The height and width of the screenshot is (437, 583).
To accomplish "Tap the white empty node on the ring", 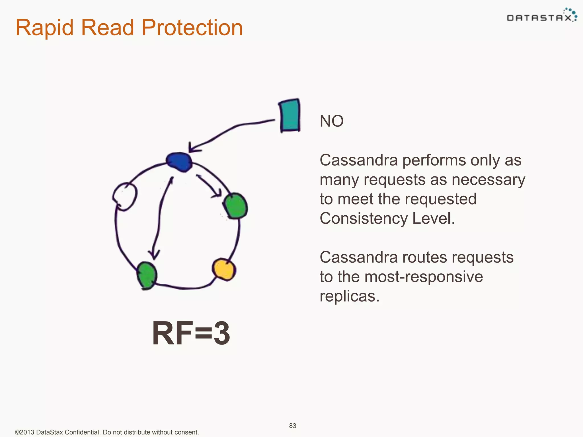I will click(x=125, y=196).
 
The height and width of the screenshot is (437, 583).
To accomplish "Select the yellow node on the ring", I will click(x=224, y=269).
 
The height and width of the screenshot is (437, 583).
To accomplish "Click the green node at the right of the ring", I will click(x=236, y=206).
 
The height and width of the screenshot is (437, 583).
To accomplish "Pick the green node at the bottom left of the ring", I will click(x=147, y=275).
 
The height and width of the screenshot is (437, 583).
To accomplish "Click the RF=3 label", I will click(x=191, y=333).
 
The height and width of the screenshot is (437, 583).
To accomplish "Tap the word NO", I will click(x=332, y=121).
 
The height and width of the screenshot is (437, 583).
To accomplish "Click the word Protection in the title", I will click(x=192, y=28).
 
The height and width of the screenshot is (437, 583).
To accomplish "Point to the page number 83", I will click(x=293, y=426).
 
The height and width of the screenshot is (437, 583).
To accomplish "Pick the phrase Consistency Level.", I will click(x=387, y=218).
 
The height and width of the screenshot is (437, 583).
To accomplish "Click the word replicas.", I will click(x=349, y=296).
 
